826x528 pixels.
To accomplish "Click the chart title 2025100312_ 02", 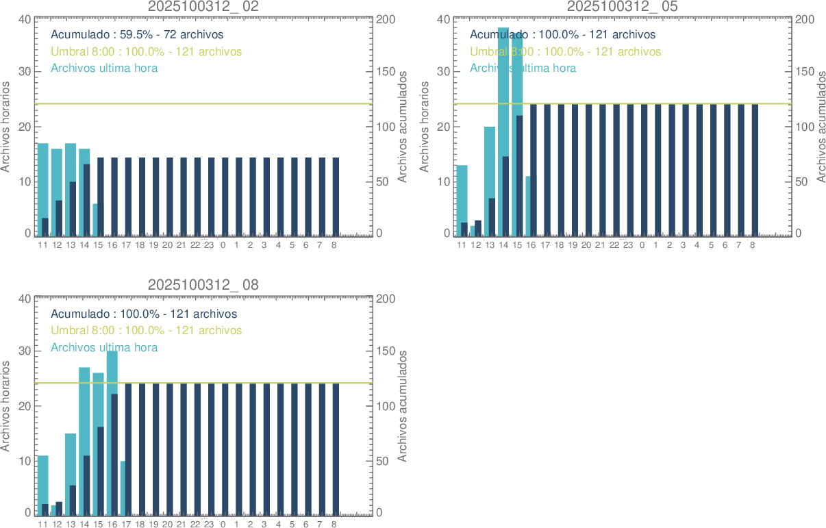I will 203,7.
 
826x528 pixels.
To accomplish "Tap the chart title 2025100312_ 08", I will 203,285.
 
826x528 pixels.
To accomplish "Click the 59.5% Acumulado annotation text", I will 137,34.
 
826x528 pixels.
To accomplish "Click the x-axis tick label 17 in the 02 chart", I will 126,244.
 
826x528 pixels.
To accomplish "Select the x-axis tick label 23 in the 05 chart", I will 627,244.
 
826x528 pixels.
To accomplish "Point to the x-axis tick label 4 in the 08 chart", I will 278,524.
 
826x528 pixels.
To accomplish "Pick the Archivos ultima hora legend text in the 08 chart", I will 104,347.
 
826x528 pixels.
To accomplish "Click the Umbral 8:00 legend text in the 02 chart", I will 147,51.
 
